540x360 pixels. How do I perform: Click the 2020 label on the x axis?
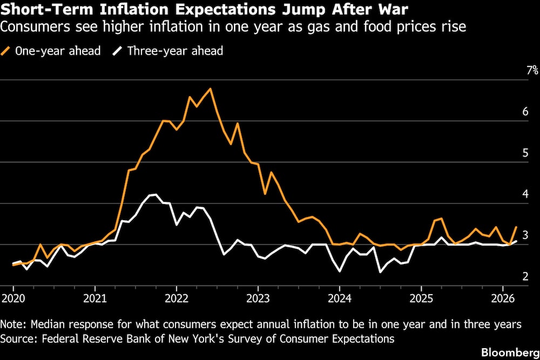click(13, 298)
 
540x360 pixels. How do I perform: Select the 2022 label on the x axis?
click(176, 298)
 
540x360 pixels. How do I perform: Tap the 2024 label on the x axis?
click(340, 298)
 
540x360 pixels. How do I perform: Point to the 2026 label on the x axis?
click(503, 298)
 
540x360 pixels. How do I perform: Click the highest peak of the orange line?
click(210, 89)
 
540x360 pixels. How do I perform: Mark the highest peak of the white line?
click(156, 194)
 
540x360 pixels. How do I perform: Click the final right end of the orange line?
click(517, 227)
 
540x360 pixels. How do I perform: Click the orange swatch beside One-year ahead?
click(8, 51)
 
